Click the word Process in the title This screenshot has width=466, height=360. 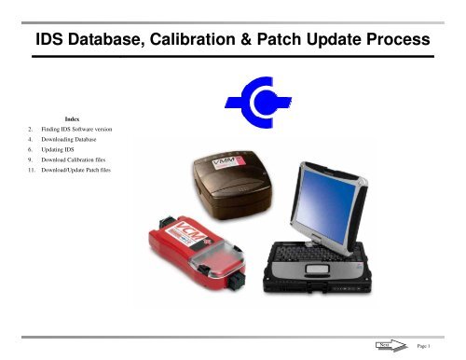394,42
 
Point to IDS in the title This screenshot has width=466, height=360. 48,42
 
